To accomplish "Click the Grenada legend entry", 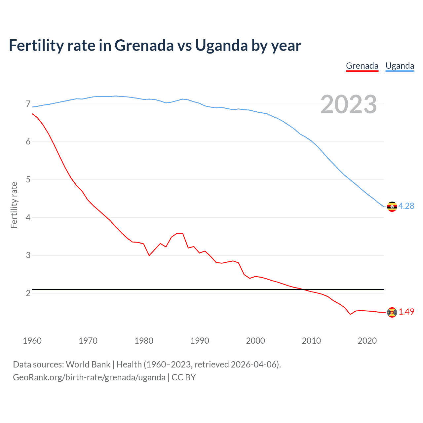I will pyautogui.click(x=362, y=66).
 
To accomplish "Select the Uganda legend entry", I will pyautogui.click(x=400, y=66).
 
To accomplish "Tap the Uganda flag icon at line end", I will pyautogui.click(x=392, y=207).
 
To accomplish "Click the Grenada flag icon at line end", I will pyautogui.click(x=392, y=312).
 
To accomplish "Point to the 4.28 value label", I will pyautogui.click(x=406, y=206).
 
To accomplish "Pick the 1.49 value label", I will pyautogui.click(x=406, y=312).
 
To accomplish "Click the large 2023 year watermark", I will pyautogui.click(x=348, y=104).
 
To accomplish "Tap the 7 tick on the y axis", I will pyautogui.click(x=28, y=104).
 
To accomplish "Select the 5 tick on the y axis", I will pyautogui.click(x=28, y=180).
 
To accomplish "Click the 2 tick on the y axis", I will pyautogui.click(x=28, y=293).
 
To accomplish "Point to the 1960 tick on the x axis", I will pyautogui.click(x=32, y=341).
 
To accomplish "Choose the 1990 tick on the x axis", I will pyautogui.click(x=200, y=341).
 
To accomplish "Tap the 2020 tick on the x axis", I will pyautogui.click(x=367, y=341).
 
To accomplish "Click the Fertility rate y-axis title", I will pyautogui.click(x=14, y=205).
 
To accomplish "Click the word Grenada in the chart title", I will pyautogui.click(x=144, y=45).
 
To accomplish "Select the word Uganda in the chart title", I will pyautogui.click(x=221, y=45).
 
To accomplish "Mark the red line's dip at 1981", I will pyautogui.click(x=149, y=255).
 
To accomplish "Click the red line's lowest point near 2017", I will pyautogui.click(x=350, y=314).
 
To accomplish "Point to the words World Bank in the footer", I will pyautogui.click(x=88, y=365).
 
